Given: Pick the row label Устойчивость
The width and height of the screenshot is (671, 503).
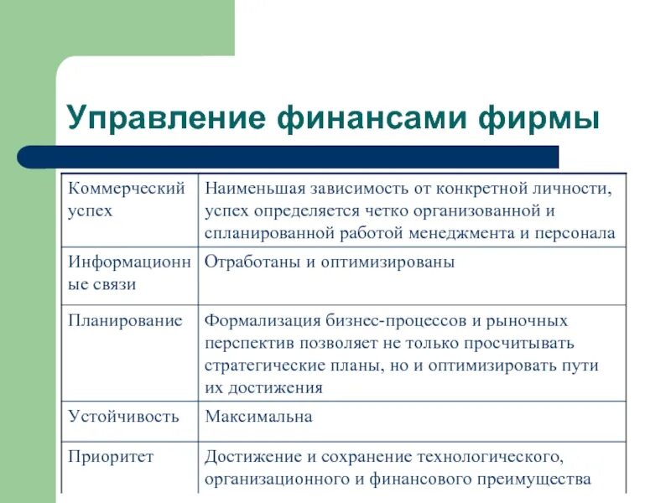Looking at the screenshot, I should [x=123, y=416].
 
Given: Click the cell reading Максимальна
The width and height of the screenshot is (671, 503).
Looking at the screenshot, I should [x=258, y=416].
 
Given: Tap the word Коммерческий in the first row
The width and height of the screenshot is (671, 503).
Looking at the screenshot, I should [x=126, y=187].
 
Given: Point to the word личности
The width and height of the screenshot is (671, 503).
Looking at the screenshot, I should [x=584, y=187].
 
